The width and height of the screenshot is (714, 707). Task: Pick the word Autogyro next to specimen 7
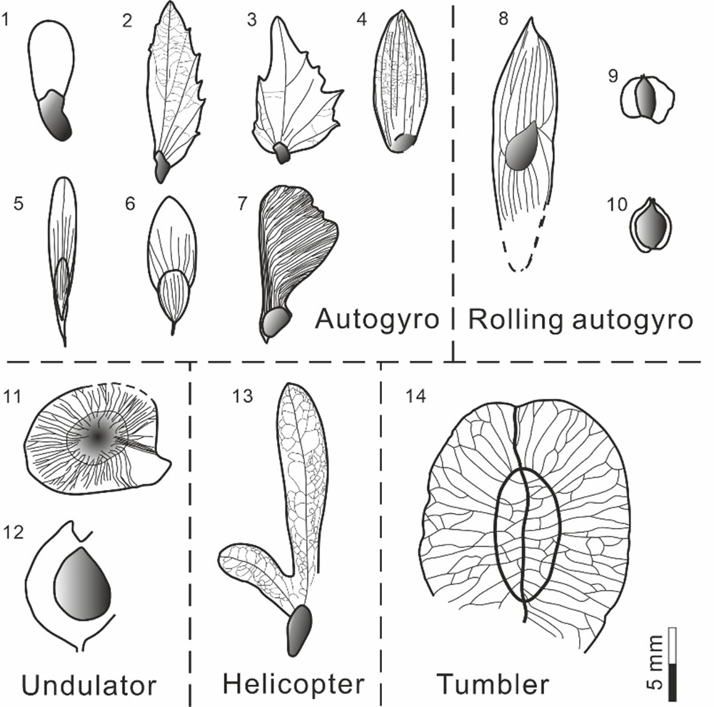coord(376,319)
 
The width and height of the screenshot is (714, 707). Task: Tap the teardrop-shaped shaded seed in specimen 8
coord(525,145)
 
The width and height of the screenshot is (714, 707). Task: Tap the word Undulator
coord(89,686)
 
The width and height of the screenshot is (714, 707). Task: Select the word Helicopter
coord(293,685)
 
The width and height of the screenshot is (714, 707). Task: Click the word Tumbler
coord(493,685)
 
